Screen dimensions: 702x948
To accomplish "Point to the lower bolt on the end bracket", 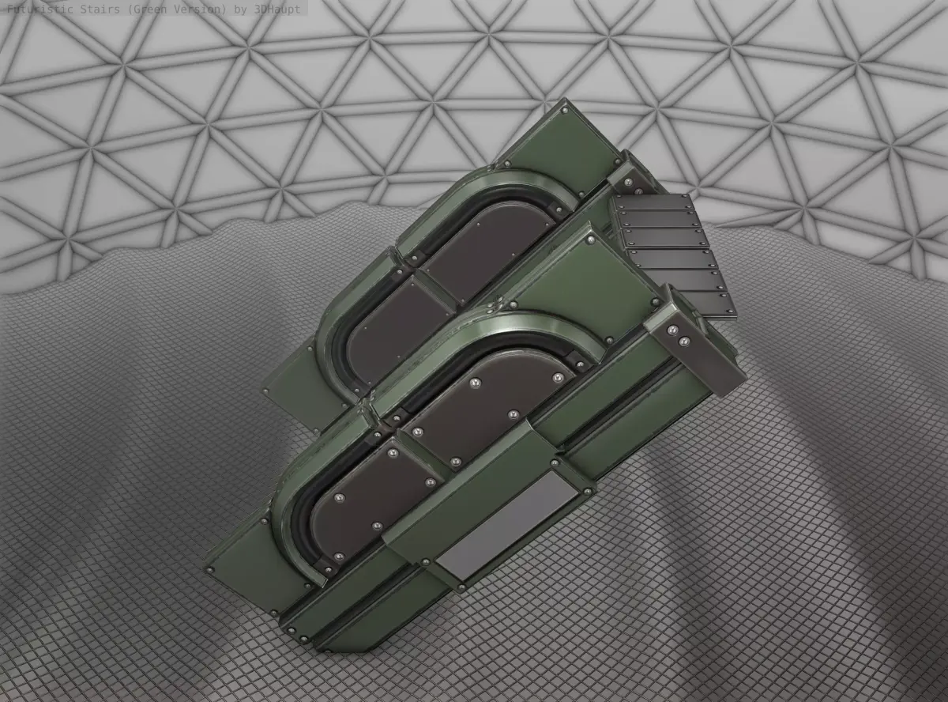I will [x=685, y=342].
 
